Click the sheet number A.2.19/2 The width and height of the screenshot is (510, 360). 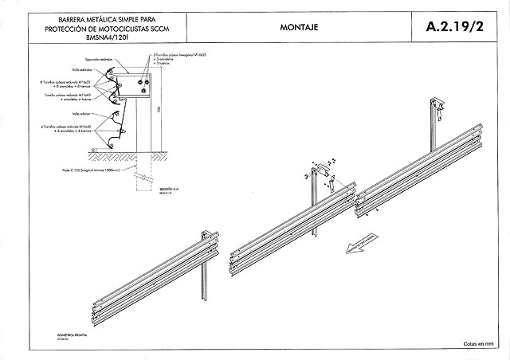(455, 26)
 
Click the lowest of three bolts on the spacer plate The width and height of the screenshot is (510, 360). (144, 89)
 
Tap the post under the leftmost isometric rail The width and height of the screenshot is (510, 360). (206, 279)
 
